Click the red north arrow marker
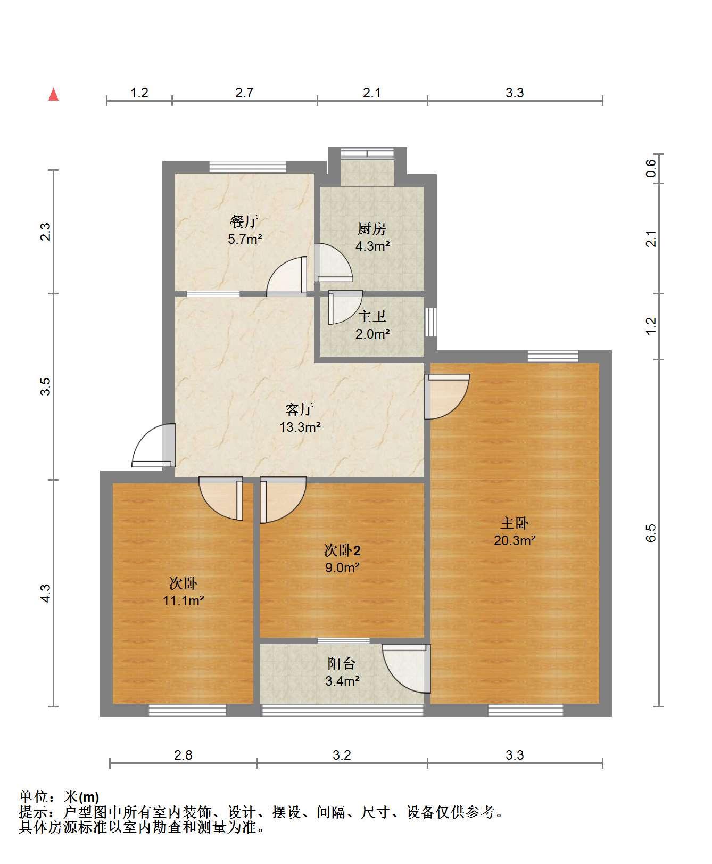tap(53, 95)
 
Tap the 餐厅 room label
tap(244, 221)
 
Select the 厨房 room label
tap(371, 229)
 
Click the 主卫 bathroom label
tap(371, 316)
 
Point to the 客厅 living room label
tap(300, 409)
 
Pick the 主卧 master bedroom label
tap(514, 523)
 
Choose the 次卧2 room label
tap(342, 550)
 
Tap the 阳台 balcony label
tap(342, 663)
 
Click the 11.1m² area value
tap(184, 601)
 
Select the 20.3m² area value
tap(515, 541)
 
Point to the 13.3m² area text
tap(300, 427)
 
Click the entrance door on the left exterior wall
tap(153, 446)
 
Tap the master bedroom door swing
tap(448, 397)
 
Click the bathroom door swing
tap(345, 307)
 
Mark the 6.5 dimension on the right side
tap(651, 533)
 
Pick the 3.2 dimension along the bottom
tap(342, 755)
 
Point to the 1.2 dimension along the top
tap(139, 93)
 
